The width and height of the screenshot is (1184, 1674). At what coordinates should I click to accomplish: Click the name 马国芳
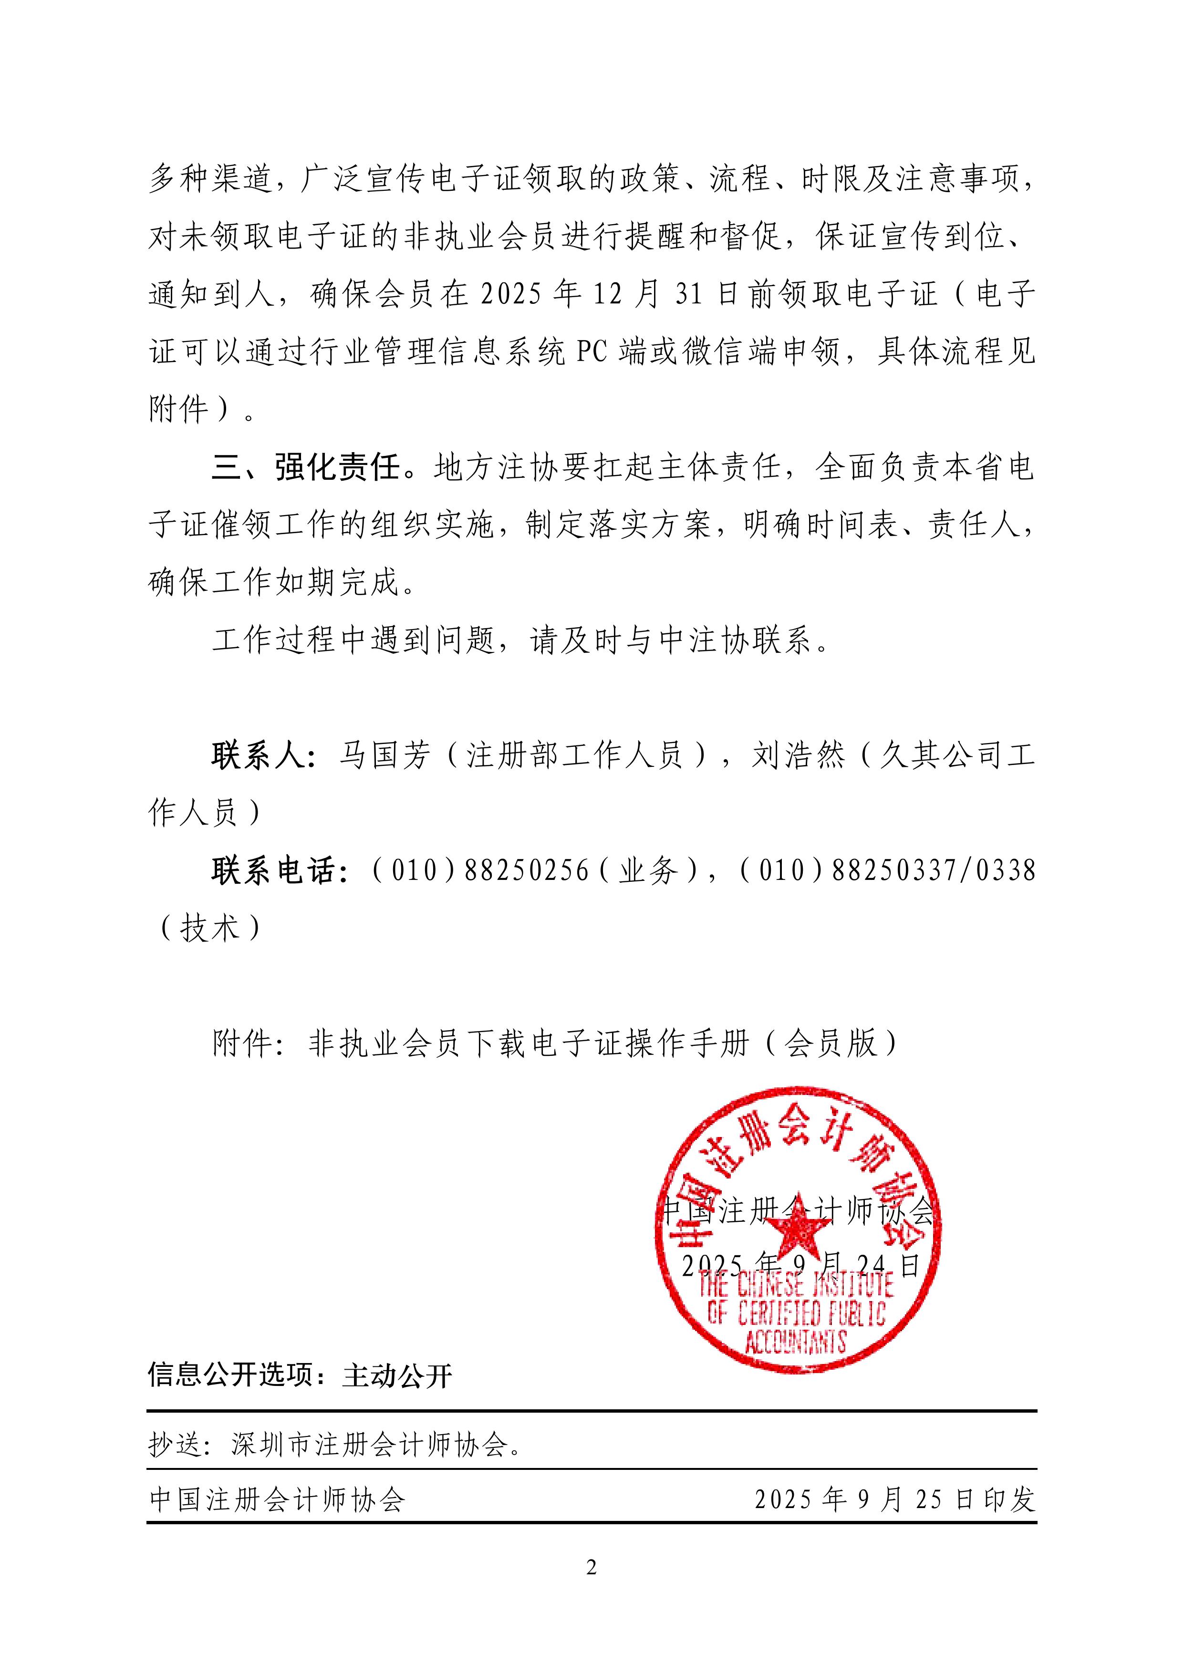pos(385,755)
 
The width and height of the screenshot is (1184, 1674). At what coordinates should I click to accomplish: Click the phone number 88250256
pos(526,870)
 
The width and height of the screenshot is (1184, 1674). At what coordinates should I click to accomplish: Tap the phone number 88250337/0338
pos(933,870)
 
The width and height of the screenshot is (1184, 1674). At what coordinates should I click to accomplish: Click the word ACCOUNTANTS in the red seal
pos(795,1342)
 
